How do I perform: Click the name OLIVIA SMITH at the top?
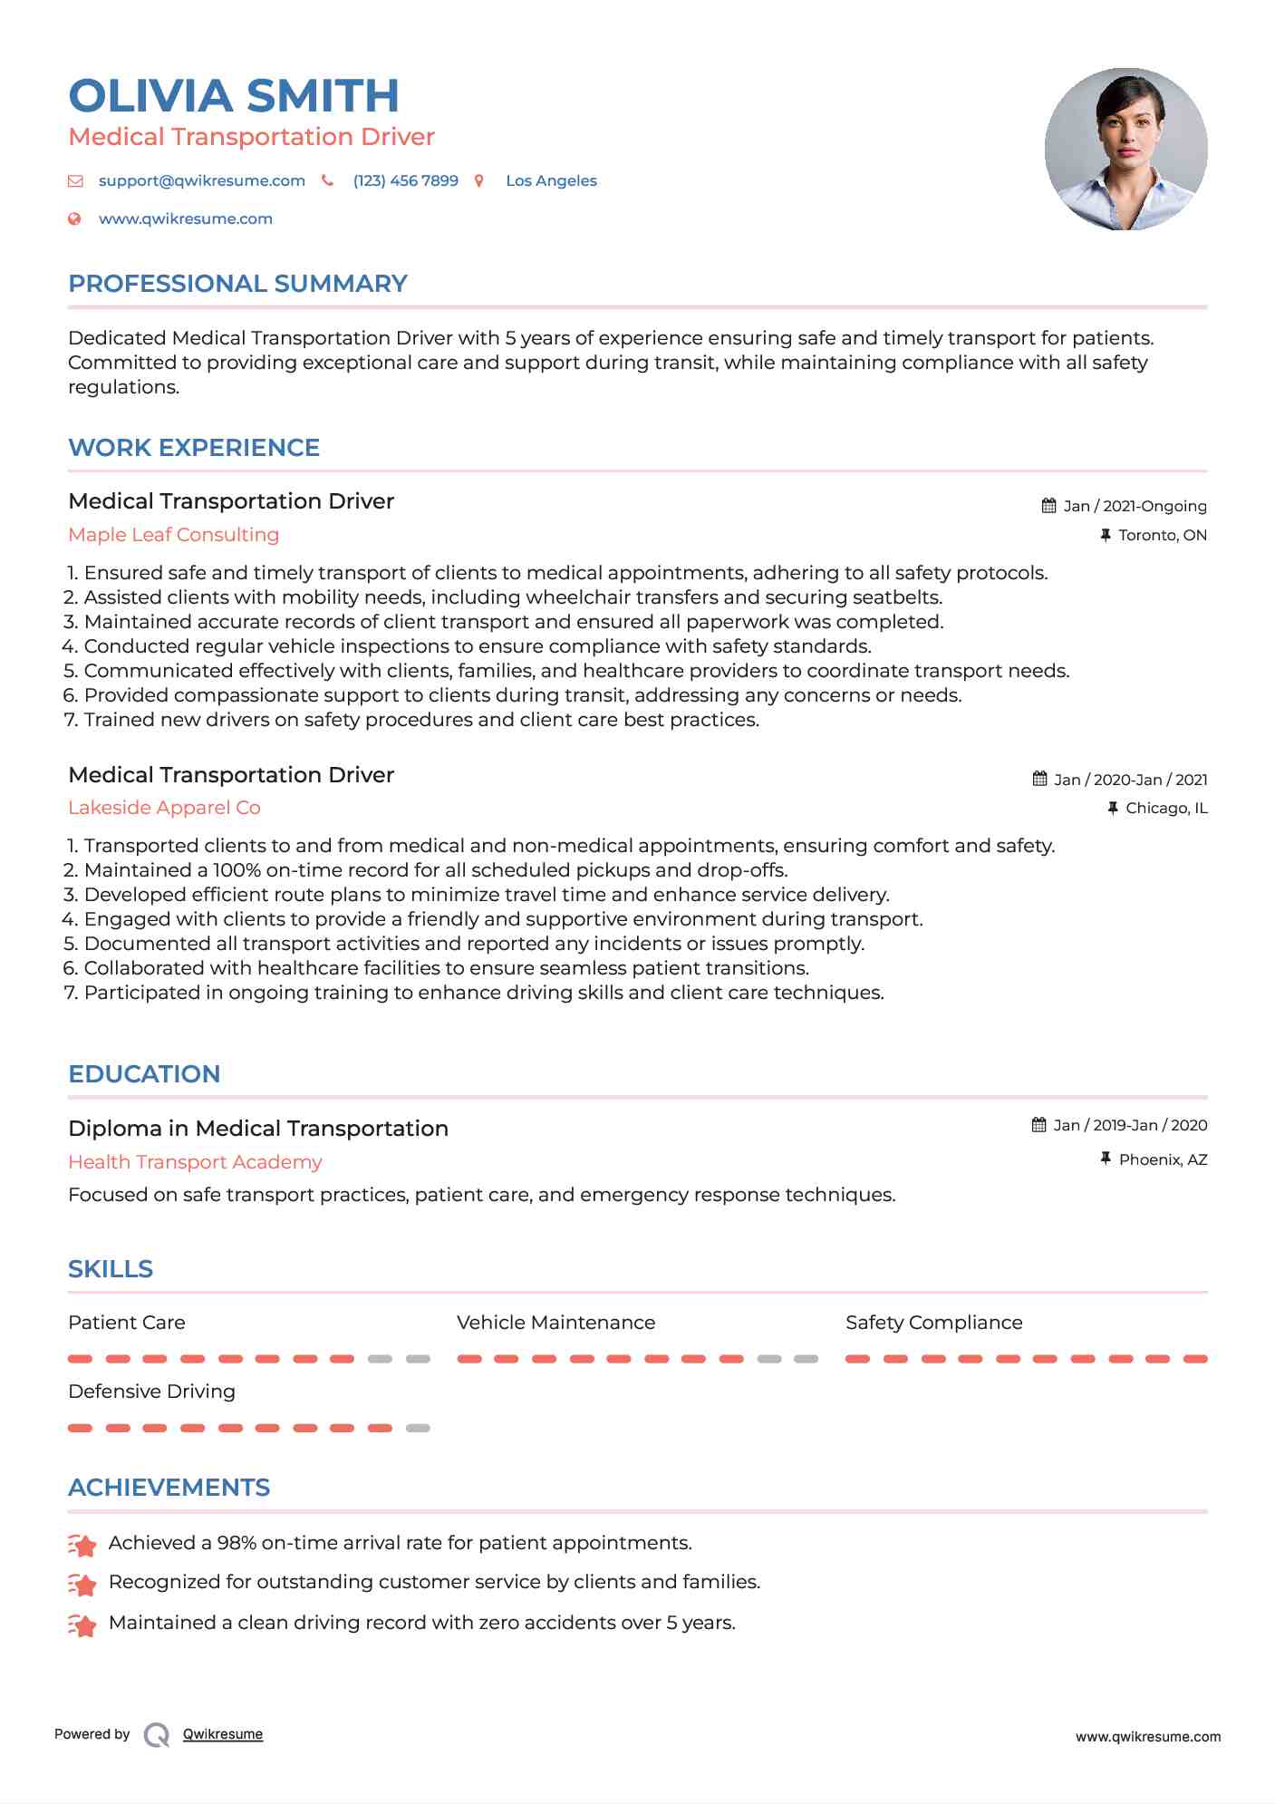(234, 96)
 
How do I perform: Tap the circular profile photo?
(1125, 149)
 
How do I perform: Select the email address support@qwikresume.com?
(201, 180)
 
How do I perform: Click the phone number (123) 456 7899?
(405, 180)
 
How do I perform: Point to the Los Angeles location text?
(551, 180)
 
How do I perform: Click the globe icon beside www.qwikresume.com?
(75, 218)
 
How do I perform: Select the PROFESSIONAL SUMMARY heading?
(237, 284)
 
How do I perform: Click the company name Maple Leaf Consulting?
(173, 535)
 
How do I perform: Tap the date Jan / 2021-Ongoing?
(1135, 506)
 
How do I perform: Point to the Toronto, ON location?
(1162, 535)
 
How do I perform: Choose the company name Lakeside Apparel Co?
(164, 808)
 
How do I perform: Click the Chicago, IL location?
(1166, 808)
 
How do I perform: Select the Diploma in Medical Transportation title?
(258, 1129)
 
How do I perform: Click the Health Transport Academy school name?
(195, 1162)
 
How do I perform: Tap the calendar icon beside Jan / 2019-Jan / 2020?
(1039, 1125)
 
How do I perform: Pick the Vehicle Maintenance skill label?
(555, 1323)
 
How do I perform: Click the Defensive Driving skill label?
(151, 1392)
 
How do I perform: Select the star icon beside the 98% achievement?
(82, 1544)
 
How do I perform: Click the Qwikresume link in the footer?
(223, 1734)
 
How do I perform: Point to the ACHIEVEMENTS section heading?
(169, 1488)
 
